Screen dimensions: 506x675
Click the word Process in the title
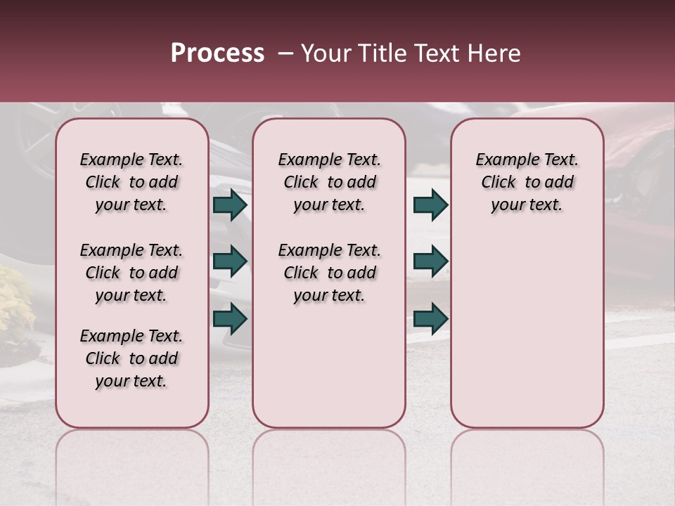[217, 53]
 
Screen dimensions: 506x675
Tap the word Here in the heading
[495, 53]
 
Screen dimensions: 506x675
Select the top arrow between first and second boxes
[230, 205]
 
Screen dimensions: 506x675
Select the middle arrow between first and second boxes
[230, 261]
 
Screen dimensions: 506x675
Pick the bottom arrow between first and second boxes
[230, 318]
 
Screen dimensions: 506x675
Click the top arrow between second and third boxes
[430, 205]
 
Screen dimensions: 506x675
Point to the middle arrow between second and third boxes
[430, 261]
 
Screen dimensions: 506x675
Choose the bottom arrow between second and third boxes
[430, 318]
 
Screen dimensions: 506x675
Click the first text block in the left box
[131, 182]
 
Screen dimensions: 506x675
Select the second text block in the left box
[131, 273]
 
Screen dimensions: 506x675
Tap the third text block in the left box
[131, 358]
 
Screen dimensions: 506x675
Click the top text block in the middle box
[329, 182]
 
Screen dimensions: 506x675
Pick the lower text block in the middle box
[329, 273]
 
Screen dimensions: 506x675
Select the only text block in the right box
[527, 182]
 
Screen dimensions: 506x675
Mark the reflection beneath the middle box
[329, 464]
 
